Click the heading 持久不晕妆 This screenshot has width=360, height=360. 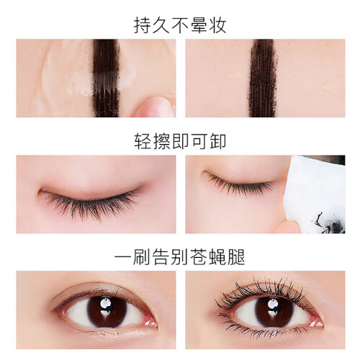(180, 25)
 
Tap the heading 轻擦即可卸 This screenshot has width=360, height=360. (180, 141)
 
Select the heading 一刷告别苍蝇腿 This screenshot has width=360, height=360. (180, 257)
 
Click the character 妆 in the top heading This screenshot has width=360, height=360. (217, 25)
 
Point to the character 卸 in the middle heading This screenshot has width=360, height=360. (217, 141)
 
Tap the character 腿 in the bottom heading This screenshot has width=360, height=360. (236, 257)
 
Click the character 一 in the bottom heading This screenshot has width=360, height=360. (123, 257)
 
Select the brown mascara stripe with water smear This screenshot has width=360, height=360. (106, 78)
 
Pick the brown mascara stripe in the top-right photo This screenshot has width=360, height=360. (264, 78)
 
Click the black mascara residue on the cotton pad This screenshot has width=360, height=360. (330, 224)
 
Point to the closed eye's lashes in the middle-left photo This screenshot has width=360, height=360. (90, 204)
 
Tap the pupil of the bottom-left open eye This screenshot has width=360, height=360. (107, 311)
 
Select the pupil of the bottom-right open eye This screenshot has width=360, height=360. (274, 311)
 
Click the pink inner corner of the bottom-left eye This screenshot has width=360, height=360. (150, 321)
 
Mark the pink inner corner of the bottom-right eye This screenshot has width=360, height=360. (316, 322)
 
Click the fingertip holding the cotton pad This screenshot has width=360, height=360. (288, 227)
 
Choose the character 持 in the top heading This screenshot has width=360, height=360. (143, 25)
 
